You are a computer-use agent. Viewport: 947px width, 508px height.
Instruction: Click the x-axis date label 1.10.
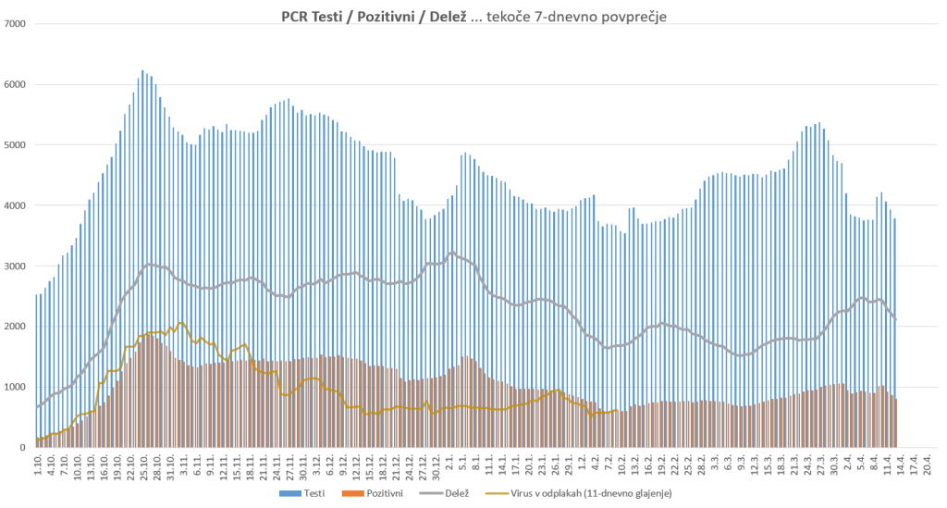tap(38, 462)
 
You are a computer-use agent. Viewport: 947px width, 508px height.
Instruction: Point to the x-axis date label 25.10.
tap(144, 464)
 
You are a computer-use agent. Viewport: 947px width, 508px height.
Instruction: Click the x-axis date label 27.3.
tap(820, 462)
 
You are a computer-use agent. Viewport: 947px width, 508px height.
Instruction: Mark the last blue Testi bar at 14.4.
tap(894, 333)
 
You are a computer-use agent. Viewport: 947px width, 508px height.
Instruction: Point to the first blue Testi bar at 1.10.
tap(36, 370)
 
